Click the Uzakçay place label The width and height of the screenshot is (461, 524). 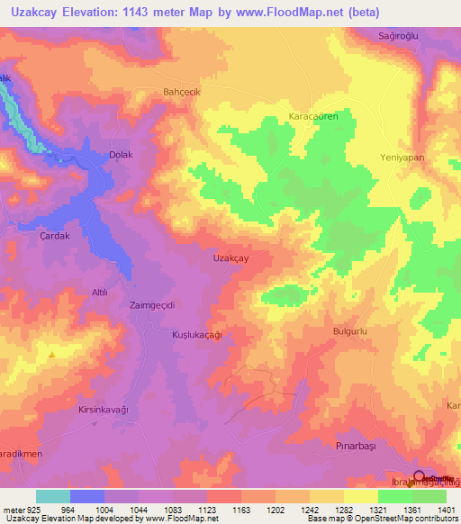(x=230, y=258)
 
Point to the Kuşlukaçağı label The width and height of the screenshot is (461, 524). (x=196, y=334)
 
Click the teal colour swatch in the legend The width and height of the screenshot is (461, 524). (x=53, y=496)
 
